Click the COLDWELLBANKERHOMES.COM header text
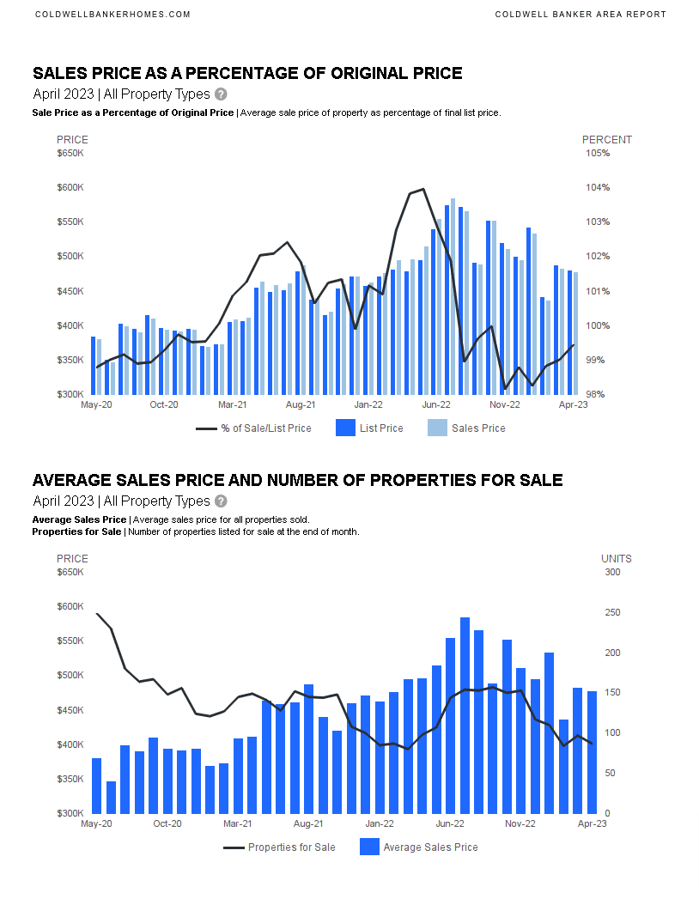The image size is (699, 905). [x=112, y=15]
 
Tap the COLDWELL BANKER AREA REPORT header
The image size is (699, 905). [x=580, y=15]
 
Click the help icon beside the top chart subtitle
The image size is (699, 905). [x=221, y=94]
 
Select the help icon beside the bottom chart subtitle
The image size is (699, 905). [x=221, y=501]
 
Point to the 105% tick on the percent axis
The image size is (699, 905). [x=598, y=154]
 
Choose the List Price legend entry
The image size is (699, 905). [x=369, y=428]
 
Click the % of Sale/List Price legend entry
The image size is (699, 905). [x=253, y=428]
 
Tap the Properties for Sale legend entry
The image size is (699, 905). [x=279, y=847]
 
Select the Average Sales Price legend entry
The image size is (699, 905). [x=417, y=847]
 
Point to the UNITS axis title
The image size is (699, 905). [x=616, y=559]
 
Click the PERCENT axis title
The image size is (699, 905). [x=606, y=140]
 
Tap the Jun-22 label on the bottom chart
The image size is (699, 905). [x=450, y=823]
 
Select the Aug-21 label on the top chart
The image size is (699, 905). [x=300, y=404]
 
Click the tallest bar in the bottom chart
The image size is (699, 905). [x=465, y=715]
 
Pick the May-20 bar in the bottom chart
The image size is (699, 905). [x=96, y=786]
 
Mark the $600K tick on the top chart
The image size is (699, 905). [x=70, y=188]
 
